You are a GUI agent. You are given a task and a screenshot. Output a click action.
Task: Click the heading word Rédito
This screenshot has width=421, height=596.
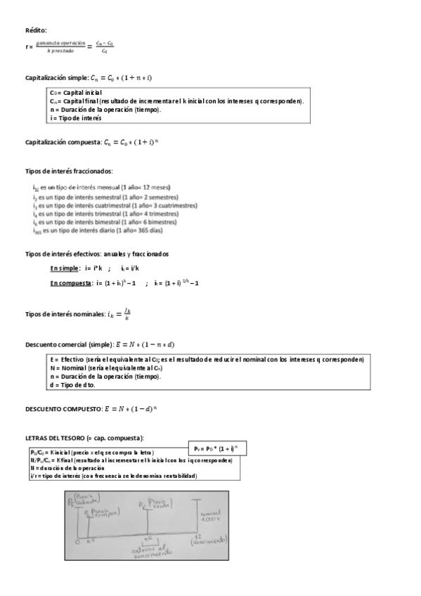point(36,30)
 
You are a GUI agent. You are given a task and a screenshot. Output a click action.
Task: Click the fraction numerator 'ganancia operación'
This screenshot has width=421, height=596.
point(60,43)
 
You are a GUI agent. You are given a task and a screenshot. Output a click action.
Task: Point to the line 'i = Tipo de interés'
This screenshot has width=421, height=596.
point(76,118)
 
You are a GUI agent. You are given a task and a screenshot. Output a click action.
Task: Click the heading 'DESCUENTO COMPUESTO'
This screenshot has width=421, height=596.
point(62,408)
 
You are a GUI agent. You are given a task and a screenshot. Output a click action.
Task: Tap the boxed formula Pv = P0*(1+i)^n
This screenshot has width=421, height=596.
point(217,448)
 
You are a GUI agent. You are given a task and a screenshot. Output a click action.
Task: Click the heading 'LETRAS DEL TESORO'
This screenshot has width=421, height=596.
point(56,438)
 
